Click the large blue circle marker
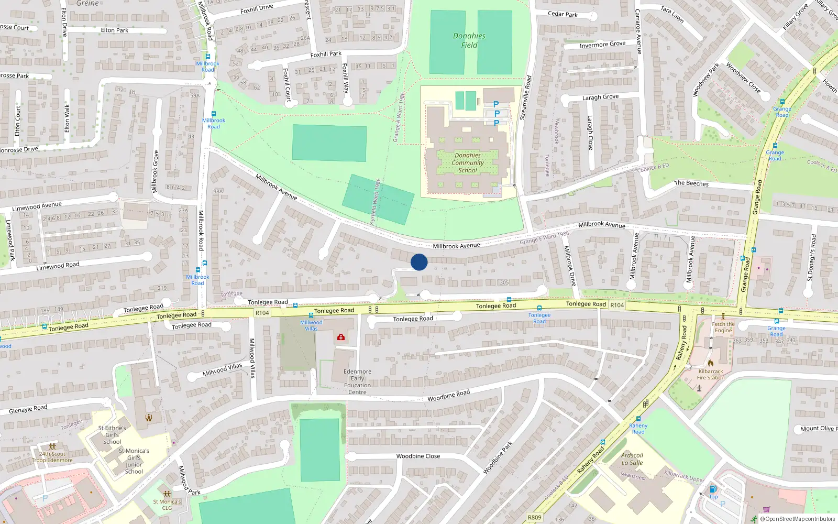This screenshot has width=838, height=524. (x=419, y=262)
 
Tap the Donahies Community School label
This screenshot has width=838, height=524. (x=468, y=163)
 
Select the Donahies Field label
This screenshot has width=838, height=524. (x=469, y=40)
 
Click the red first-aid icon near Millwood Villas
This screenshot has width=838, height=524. (x=341, y=337)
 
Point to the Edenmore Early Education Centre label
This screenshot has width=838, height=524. (x=357, y=381)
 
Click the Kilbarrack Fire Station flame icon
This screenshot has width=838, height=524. (x=711, y=363)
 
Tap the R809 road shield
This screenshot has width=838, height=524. (x=534, y=517)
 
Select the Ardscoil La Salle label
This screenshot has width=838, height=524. (x=632, y=459)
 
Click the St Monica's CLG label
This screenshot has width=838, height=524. (x=167, y=505)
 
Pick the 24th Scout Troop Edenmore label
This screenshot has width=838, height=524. (x=52, y=457)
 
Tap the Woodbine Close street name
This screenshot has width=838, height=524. (x=418, y=456)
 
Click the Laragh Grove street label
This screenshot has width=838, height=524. (x=600, y=97)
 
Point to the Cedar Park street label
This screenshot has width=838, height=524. (x=563, y=14)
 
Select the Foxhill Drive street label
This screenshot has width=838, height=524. (x=257, y=9)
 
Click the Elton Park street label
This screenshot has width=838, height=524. (x=115, y=30)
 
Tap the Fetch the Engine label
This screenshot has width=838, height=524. (x=723, y=327)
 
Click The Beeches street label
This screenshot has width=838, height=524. (x=691, y=183)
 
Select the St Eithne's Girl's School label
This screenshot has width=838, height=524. (x=112, y=435)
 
